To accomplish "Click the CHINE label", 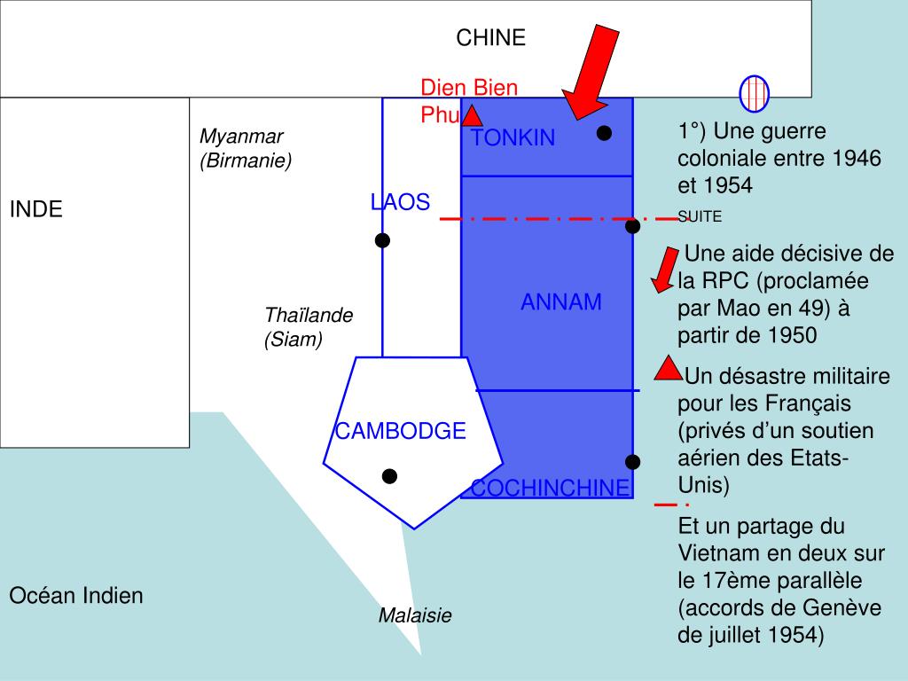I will coord(490,37).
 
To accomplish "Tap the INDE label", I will coord(36,210).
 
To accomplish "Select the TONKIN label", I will coord(513,138).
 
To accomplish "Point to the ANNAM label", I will coord(560,302).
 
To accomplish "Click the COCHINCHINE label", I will coord(550,489).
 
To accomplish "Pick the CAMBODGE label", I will coord(400,432).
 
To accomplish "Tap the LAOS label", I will coord(400,202).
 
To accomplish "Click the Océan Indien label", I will coord(76,595).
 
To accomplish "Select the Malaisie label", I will coord(415,615).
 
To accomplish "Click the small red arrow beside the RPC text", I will coord(663,271).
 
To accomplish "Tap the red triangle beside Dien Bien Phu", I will coord(472,115).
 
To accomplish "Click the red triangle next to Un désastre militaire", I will coord(669,368).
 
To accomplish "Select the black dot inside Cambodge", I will coord(389,477).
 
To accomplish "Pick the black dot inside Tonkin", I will coord(604,133).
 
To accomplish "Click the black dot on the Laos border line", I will coord(382,240).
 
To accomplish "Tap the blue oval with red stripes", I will coord(755,93).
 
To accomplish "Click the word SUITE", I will coord(700,216).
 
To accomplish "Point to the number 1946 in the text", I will coord(857,159).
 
